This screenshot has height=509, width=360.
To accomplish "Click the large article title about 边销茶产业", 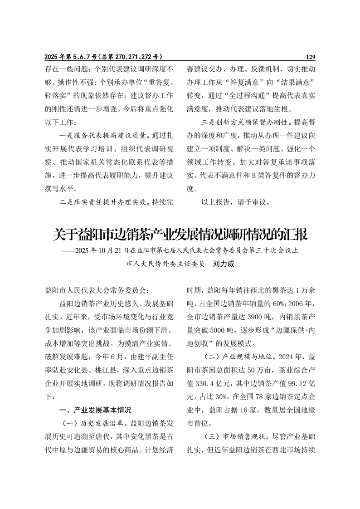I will pyautogui.click(x=180, y=235).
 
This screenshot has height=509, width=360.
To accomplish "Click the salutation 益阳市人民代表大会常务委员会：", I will pyautogui.click(x=96, y=289).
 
